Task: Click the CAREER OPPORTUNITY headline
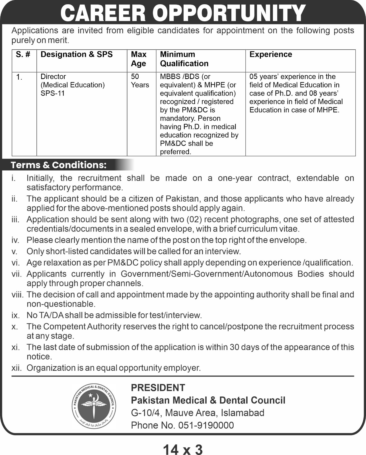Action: click(183, 13)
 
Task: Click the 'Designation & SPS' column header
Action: click(77, 54)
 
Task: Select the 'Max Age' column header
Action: click(139, 59)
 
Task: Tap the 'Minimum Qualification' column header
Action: click(184, 59)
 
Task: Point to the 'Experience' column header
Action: click(271, 54)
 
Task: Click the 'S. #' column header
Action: click(23, 54)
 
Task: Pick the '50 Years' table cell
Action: click(140, 81)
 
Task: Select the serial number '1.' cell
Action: click(19, 77)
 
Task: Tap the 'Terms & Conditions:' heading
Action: click(59, 165)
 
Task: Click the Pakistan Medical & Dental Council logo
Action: click(94, 406)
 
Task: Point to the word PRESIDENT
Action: click(158, 388)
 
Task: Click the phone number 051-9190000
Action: click(206, 425)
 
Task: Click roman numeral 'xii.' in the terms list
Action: click(17, 368)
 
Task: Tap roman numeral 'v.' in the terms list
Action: click(15, 252)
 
